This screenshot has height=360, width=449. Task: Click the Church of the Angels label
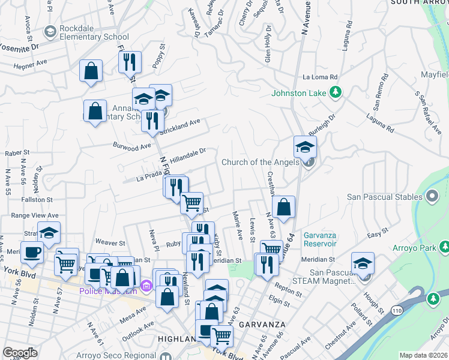(260, 162)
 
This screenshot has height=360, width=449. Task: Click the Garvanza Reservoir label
(325, 240)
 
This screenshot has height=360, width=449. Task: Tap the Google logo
(20, 353)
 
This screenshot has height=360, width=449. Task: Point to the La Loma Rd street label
(321, 77)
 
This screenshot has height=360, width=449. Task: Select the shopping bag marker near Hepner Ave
(91, 71)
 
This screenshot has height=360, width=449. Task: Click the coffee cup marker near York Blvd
(32, 251)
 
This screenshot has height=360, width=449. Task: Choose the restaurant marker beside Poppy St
(130, 61)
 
